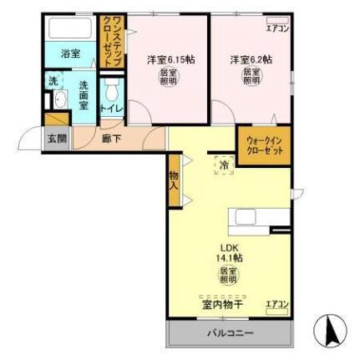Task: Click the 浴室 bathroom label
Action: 70,53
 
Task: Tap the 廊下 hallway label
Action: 111,139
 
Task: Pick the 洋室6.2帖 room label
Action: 251,59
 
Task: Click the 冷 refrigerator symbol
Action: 224,165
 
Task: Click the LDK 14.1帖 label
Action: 229,252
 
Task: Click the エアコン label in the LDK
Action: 276,303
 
